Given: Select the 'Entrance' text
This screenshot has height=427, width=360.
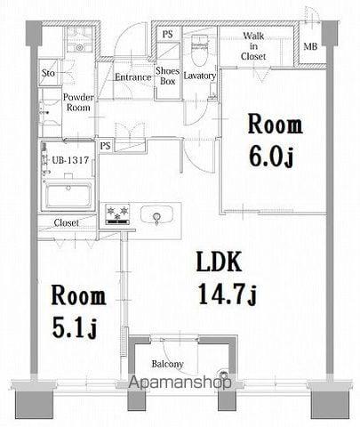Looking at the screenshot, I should point(132,77).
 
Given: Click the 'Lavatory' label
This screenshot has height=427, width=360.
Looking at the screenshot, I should point(200,77).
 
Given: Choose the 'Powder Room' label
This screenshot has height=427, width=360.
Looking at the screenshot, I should point(78,101).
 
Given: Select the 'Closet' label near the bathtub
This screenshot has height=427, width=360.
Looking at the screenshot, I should point(66,222).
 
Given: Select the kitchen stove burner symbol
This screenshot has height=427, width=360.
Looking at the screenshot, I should point(116,213).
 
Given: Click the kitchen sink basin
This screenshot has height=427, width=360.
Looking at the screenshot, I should point(159,216).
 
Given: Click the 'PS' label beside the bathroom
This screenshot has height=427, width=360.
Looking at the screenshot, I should point(105,144).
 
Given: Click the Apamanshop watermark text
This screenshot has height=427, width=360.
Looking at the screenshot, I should point(183,383).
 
